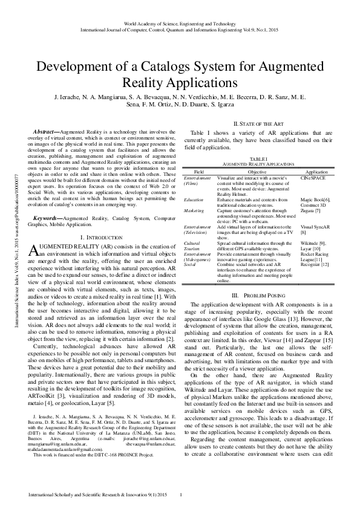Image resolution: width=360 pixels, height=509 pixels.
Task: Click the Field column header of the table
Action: tap(198, 172)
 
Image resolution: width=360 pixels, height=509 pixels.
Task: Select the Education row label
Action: tap(194, 199)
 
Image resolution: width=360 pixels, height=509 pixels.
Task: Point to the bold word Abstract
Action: tap(42, 131)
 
